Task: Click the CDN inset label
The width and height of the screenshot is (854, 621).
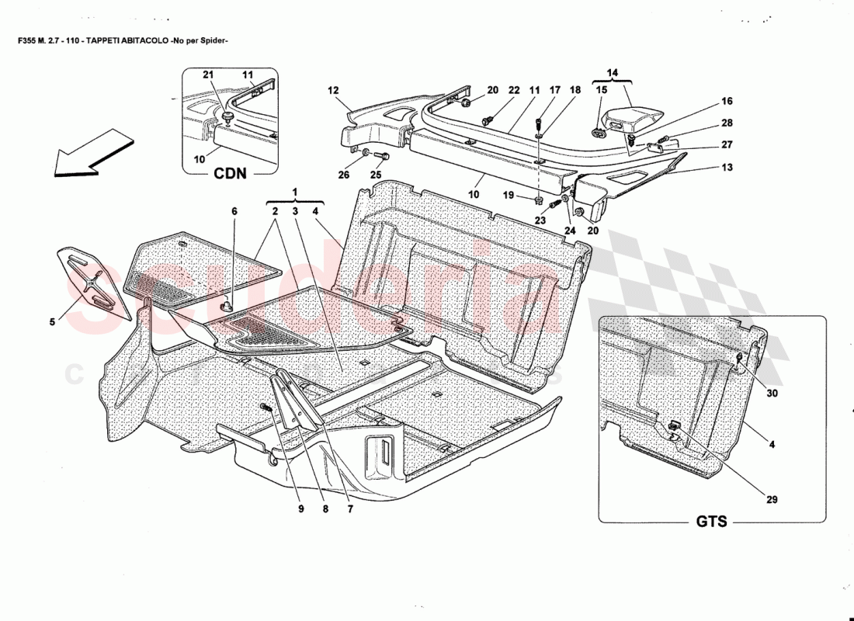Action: point(231,173)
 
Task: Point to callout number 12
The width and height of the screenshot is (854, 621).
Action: point(333,91)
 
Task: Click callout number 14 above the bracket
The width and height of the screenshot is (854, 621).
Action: point(613,73)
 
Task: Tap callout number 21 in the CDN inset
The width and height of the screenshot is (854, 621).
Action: point(207,74)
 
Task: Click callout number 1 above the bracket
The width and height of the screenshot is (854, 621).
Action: point(294,191)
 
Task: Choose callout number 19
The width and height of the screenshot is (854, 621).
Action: point(508,195)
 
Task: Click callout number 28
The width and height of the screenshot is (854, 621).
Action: point(727,123)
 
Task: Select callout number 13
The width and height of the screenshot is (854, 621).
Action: point(727,167)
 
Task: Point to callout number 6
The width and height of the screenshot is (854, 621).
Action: point(234,210)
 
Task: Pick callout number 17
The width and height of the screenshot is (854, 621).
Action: point(554,91)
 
